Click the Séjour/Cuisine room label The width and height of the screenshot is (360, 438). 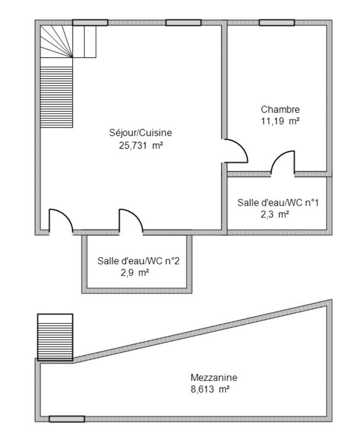pyautogui.click(x=141, y=132)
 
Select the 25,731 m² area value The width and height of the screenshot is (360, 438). pyautogui.click(x=141, y=146)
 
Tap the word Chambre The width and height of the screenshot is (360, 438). pyautogui.click(x=280, y=109)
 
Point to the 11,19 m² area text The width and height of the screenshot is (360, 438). pyautogui.click(x=280, y=122)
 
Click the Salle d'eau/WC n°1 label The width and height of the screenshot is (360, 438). pyautogui.click(x=278, y=203)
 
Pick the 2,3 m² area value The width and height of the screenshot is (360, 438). pyautogui.click(x=275, y=215)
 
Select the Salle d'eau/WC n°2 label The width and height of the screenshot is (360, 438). pyautogui.click(x=138, y=261)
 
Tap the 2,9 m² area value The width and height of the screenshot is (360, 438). pyautogui.click(x=135, y=272)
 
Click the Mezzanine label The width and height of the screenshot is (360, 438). pyautogui.click(x=214, y=377)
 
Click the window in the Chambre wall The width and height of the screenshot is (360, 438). pyautogui.click(x=277, y=22)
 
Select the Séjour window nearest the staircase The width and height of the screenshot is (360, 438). pyautogui.click(x=90, y=22)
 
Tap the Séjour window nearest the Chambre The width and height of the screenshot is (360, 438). pyautogui.click(x=183, y=22)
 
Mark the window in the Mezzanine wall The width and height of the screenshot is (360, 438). pyautogui.click(x=67, y=419)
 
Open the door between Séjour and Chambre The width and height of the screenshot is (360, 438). pyautogui.click(x=235, y=151)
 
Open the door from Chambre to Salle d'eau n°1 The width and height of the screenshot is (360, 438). pyautogui.click(x=283, y=163)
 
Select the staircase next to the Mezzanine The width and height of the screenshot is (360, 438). pyautogui.click(x=55, y=336)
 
